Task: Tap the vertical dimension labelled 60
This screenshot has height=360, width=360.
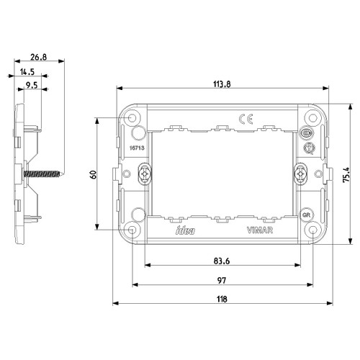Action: click(x=92, y=174)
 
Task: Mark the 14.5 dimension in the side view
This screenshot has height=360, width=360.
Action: click(x=29, y=71)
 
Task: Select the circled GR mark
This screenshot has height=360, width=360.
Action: click(x=306, y=215)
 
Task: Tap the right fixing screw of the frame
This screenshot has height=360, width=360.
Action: click(x=302, y=174)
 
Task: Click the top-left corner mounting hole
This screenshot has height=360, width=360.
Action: click(x=133, y=117)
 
